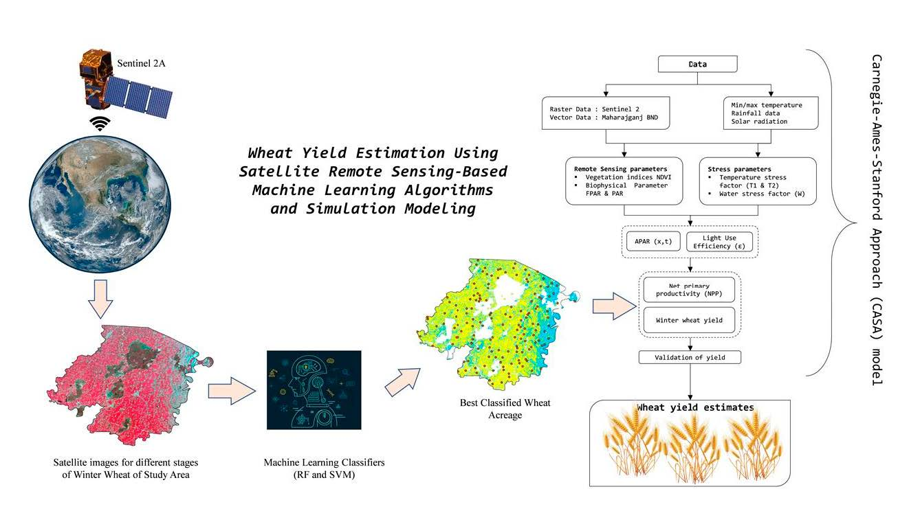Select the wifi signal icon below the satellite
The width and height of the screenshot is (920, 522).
pyautogui.click(x=102, y=124)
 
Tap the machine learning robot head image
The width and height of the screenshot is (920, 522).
pyautogui.click(x=314, y=389)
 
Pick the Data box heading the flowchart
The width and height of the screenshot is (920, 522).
pyautogui.click(x=698, y=65)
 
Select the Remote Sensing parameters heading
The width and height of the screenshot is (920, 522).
pyautogui.click(x=618, y=168)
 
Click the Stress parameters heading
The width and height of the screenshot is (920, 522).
pyautogui.click(x=730, y=168)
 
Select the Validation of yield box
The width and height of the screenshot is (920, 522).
pyautogui.click(x=690, y=357)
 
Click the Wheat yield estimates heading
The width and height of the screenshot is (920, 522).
pyautogui.click(x=695, y=407)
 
